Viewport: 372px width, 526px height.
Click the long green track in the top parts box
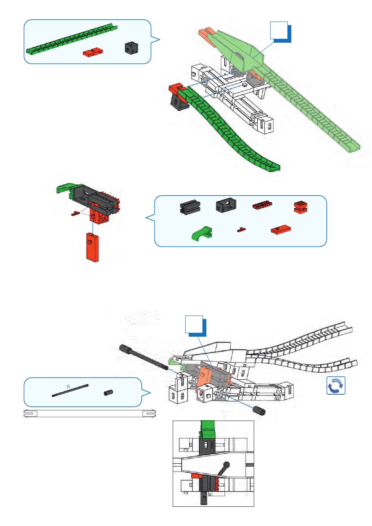coord(72,39)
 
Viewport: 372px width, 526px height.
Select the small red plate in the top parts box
coord(93,52)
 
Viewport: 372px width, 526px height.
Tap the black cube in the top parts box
coord(131,48)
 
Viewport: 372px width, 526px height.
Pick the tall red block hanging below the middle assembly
coord(92,247)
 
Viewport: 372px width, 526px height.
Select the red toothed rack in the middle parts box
coord(262,205)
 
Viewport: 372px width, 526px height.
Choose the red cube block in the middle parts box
coord(301,207)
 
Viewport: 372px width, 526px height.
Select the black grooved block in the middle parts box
coord(190,207)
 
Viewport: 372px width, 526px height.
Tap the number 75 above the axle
coord(68,386)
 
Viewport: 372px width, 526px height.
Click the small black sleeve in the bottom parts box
coord(108,392)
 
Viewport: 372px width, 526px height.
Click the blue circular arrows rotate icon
coord(336,385)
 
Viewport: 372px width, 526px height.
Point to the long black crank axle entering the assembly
coord(143,358)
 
